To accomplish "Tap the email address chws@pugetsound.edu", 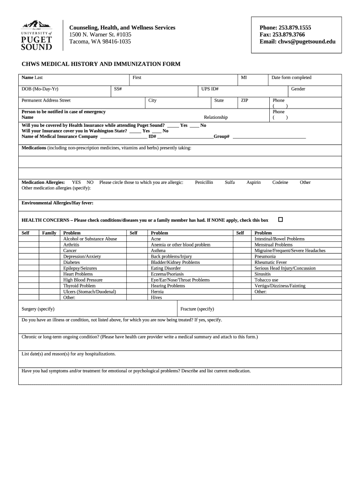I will coord(297,42).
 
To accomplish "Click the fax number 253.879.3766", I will coord(282,35).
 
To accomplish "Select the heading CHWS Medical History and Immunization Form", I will coord(101,64).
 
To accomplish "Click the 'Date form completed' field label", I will coord(291,78).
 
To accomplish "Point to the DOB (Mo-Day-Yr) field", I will coord(40,89).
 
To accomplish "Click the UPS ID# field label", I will coord(210,89).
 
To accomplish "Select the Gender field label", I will coord(298,89).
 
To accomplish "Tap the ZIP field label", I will coord(245,101).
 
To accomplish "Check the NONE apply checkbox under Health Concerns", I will coord(281,219).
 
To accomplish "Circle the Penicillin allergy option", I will coord(204,182).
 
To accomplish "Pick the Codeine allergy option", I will coord(280,182).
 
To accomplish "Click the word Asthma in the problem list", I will coord(158,251).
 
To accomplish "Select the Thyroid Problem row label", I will coord(79,286).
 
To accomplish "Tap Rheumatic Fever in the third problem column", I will coord(271,262).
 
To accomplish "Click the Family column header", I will coord(49,233).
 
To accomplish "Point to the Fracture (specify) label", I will coord(197,309).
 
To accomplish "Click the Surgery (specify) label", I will coord(38,309).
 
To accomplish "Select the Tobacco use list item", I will coord(266,280).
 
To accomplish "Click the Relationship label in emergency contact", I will coord(216,117).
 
